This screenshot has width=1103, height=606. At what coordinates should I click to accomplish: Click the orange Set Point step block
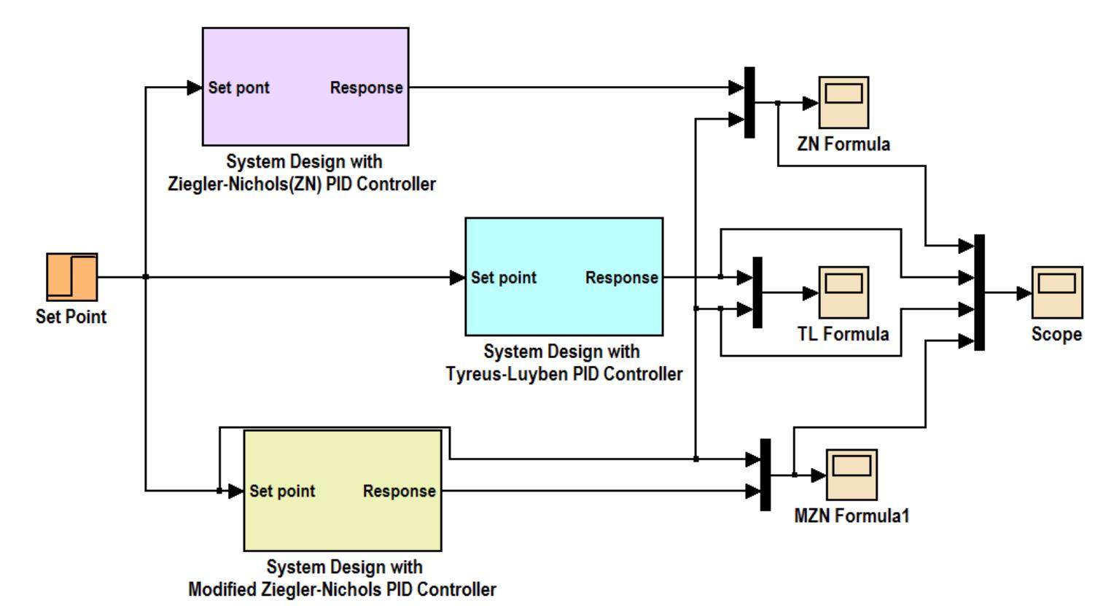coord(71,277)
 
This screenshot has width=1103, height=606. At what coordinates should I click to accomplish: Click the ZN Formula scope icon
coord(843,102)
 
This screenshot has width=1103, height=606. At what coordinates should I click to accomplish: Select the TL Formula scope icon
coord(843,292)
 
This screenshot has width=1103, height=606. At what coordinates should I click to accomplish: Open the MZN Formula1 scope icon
coord(851,475)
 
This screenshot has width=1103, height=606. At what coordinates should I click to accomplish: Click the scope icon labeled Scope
coord(1056,292)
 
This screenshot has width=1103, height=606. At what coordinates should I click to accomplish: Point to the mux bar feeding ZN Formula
coord(749,102)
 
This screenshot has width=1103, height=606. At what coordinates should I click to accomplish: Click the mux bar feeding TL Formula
coord(757,292)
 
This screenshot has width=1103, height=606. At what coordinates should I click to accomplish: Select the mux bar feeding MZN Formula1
coord(765,475)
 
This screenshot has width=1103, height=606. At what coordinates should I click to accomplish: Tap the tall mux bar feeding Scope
coord(979,292)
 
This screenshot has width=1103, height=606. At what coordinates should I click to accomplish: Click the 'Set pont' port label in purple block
coord(238,88)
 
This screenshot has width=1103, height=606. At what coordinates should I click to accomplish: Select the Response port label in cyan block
coord(621,278)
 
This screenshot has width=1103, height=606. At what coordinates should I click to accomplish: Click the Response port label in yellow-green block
coord(399,492)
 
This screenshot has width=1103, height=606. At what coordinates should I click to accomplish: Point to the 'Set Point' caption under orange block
coord(71,317)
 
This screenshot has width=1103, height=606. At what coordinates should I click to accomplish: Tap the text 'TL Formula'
coord(843,334)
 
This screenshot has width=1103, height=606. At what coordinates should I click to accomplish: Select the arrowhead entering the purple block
coord(195,88)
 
